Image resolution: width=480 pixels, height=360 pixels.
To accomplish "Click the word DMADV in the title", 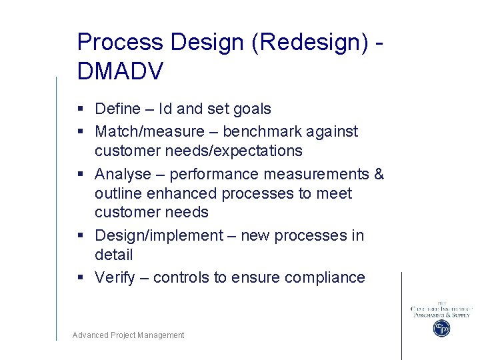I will click(x=120, y=71).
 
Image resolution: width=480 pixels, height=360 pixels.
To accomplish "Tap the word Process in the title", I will click(x=120, y=42).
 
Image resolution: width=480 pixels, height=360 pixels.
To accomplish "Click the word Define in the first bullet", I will click(x=118, y=109).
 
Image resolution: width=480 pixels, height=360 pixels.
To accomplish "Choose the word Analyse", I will click(x=123, y=175).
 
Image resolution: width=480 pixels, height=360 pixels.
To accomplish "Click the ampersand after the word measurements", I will click(x=379, y=175).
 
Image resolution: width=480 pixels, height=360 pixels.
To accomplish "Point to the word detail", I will click(x=114, y=255).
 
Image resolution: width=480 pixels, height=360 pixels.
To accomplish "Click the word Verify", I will click(x=115, y=278).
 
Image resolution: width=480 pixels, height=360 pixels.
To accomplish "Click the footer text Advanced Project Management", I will click(x=128, y=335).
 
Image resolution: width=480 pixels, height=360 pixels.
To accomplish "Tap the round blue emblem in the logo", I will click(x=441, y=328).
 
